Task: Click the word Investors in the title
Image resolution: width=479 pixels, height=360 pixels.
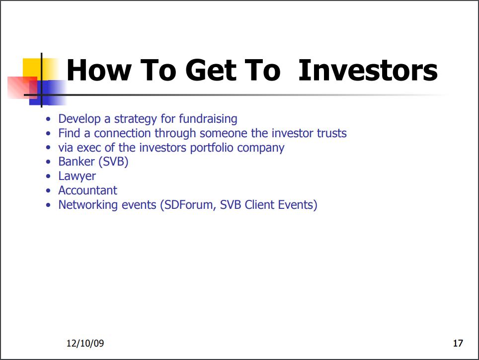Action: (x=368, y=70)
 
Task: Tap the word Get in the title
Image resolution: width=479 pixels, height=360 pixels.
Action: (x=211, y=70)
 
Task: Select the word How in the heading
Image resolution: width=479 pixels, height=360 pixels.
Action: (x=99, y=70)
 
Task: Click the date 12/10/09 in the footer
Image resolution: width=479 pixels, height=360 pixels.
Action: (x=85, y=343)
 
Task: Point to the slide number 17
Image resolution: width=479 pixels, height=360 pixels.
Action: (x=458, y=343)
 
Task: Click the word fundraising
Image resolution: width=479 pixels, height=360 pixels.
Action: (x=208, y=119)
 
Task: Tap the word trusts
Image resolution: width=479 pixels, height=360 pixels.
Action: (x=332, y=133)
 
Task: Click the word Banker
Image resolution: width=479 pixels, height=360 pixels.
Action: (x=77, y=162)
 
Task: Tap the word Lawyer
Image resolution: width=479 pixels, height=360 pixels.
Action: (x=77, y=177)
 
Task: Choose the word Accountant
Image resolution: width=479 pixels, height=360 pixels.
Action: (x=88, y=190)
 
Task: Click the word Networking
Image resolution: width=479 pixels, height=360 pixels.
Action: (x=88, y=205)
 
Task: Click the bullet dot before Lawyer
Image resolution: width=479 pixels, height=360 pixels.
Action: (x=48, y=177)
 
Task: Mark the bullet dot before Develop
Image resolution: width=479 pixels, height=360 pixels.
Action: (x=48, y=119)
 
